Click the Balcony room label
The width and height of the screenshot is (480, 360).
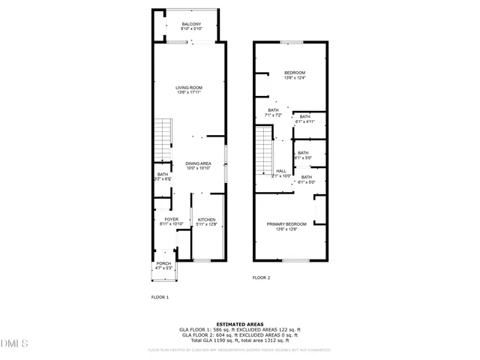(191, 27)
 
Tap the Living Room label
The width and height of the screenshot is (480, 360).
(189, 90)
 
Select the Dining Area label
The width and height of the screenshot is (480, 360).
(198, 166)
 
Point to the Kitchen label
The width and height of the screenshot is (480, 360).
(206, 222)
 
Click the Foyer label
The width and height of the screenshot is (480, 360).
(172, 221)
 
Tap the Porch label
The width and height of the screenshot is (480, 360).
(163, 265)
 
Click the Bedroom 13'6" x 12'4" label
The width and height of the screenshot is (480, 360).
(294, 75)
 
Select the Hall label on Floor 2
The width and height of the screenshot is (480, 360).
(281, 172)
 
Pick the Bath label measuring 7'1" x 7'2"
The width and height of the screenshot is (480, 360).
(274, 113)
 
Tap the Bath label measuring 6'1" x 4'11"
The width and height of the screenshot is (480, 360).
(305, 118)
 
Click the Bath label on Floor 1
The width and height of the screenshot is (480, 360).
(163, 176)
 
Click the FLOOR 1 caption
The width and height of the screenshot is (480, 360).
(160, 298)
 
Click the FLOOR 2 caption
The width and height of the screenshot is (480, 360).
(261, 277)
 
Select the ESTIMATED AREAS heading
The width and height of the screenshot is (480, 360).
(240, 325)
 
